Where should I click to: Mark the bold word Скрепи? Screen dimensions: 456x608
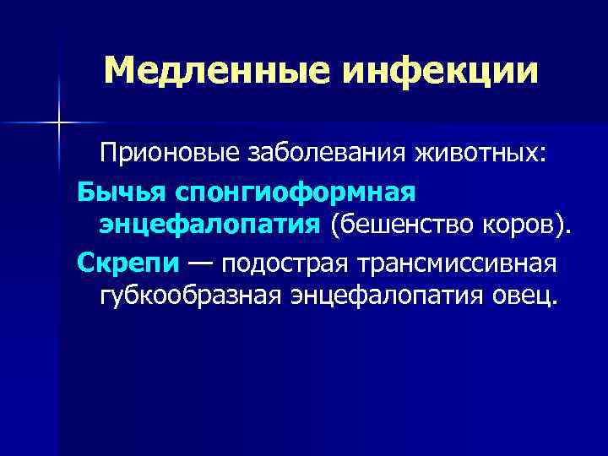coord(128,263)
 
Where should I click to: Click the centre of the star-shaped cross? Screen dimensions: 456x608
coord(60,123)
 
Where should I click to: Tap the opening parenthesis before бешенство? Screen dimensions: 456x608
coord(334,225)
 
